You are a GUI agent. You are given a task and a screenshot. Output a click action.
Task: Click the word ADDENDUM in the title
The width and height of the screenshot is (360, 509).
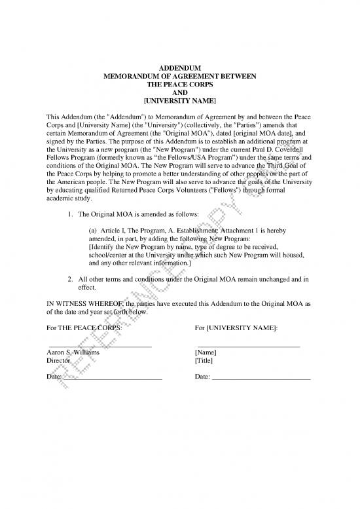[180, 69]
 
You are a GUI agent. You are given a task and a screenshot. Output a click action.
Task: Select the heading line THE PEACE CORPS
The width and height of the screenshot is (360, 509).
[180, 85]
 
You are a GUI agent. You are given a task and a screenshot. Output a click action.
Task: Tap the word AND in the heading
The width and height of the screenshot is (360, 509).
[180, 93]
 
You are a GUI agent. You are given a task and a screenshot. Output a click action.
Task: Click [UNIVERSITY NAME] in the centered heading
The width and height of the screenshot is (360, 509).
[180, 102]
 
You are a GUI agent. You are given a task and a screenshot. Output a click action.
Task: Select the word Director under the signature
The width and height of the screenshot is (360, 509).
[58, 360]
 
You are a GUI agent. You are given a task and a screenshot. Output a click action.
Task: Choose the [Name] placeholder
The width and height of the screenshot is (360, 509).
[206, 352]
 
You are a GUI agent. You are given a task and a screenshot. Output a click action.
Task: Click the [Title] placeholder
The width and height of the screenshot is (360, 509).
[205, 360]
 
